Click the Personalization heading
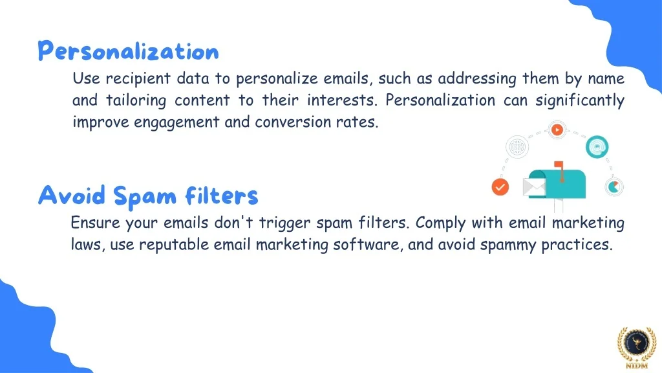pos(129,51)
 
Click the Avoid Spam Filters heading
pos(148,196)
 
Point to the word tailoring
pos(136,100)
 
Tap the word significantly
pos(580,100)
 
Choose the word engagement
pos(176,122)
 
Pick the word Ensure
pos(96,223)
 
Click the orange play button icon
pos(557,130)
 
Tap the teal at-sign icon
pos(597,147)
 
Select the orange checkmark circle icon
pos(500,187)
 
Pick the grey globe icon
pos(517,147)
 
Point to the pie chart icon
pos(614,187)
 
